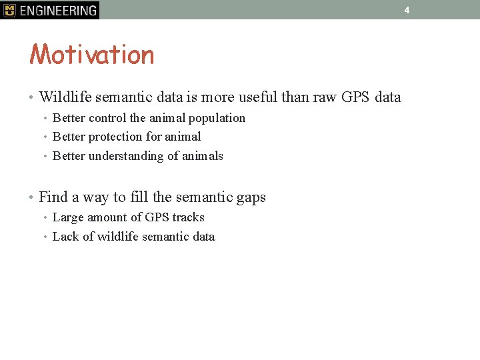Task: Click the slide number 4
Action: pyautogui.click(x=407, y=10)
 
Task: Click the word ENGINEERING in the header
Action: pyautogui.click(x=58, y=10)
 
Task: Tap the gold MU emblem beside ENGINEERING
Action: pyautogui.click(x=9, y=10)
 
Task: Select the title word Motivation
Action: pyautogui.click(x=92, y=55)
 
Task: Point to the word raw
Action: pyautogui.click(x=325, y=97)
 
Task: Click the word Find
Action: pyautogui.click(x=53, y=197)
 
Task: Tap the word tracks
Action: pyautogui.click(x=188, y=217)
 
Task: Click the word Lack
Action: pyautogui.click(x=65, y=237)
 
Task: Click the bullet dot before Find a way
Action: pyautogui.click(x=32, y=197)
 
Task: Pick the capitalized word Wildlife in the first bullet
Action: pyautogui.click(x=65, y=97)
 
